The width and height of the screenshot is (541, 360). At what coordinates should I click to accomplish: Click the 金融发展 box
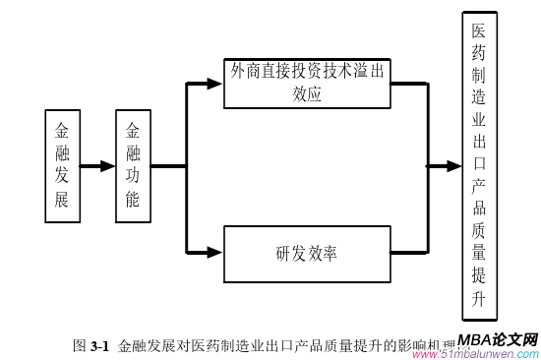click(x=62, y=165)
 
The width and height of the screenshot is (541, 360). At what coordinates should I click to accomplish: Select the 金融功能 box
click(x=133, y=165)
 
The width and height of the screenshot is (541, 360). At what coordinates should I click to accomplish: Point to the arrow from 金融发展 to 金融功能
click(x=98, y=166)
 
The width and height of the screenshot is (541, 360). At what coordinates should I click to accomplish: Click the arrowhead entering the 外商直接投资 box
click(x=215, y=84)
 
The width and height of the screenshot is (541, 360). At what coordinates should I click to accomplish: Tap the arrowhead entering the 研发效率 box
click(x=215, y=252)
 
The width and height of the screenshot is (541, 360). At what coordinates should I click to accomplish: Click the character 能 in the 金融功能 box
click(x=133, y=202)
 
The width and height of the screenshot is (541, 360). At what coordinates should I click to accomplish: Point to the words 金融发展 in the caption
click(x=147, y=345)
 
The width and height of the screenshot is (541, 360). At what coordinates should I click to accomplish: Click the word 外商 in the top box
click(x=245, y=72)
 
